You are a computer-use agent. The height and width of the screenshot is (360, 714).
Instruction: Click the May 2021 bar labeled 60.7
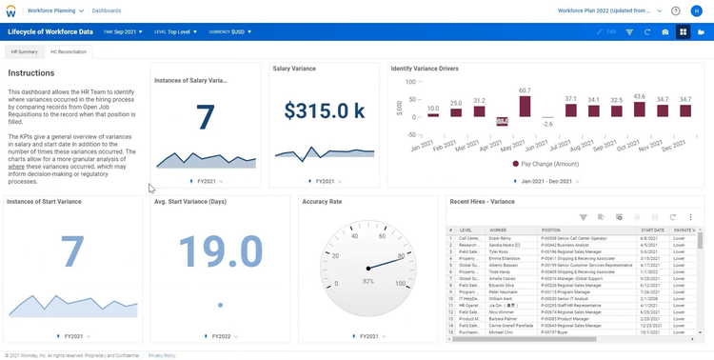coord(525,106)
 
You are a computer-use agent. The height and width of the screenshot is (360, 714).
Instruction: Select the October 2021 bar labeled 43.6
coord(639,110)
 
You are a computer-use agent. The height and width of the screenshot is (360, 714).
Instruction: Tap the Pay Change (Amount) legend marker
coord(516,164)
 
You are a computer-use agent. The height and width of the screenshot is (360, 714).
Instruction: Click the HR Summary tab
coord(24,51)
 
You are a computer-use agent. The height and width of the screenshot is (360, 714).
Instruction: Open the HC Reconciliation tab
coord(69,51)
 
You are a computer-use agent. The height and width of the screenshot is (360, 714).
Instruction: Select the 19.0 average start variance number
coord(220,252)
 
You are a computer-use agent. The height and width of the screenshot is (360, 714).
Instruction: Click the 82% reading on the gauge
coord(368,282)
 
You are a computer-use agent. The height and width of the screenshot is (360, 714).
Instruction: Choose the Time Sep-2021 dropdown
coord(123,31)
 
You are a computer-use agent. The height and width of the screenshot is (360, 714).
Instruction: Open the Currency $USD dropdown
coord(229,31)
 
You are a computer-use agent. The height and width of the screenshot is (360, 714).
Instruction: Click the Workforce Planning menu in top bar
coord(54,10)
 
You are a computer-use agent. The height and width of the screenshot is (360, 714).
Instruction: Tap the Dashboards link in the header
coord(106,10)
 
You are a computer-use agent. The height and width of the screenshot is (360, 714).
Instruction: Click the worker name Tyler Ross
coord(500,251)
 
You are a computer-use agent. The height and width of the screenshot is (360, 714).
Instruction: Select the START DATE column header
coord(652,230)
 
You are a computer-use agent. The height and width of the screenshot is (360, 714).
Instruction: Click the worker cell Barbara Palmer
coord(505,319)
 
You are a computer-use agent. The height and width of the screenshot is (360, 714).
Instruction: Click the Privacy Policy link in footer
coord(162,355)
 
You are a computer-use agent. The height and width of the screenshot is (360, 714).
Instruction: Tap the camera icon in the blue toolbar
coord(665,31)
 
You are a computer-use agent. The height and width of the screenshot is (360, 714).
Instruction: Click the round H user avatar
coord(696,10)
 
